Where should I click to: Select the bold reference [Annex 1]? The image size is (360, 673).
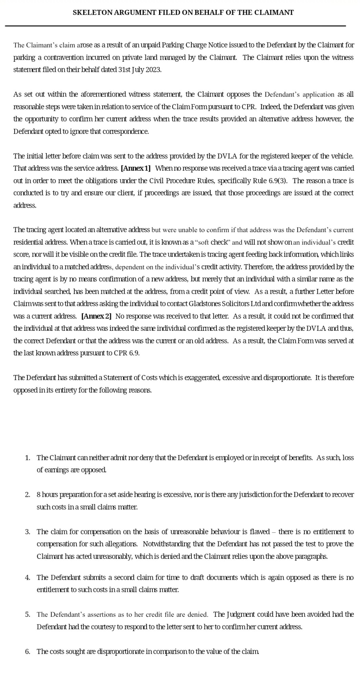click(135, 168)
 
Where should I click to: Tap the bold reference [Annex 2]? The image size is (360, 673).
click(96, 316)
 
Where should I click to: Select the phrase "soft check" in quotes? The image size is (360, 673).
click(213, 242)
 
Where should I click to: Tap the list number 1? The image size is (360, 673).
click(27, 458)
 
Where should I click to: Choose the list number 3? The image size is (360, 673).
click(27, 532)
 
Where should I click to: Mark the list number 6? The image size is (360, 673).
click(27, 651)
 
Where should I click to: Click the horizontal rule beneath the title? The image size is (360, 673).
click(175, 26)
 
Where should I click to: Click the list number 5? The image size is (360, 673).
click(27, 614)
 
